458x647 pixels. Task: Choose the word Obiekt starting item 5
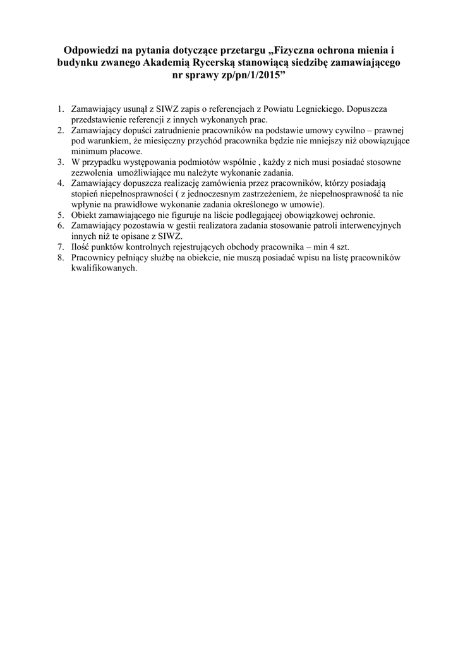[x=85, y=215]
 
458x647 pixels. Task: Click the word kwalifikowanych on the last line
[x=104, y=268]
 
